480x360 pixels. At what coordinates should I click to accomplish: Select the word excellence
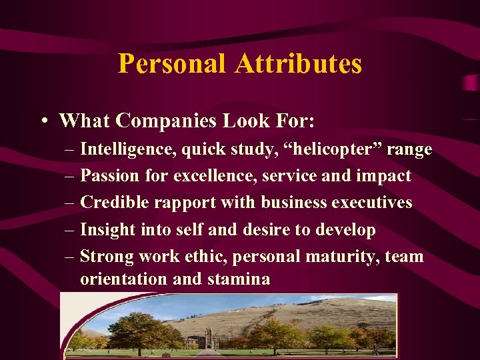215,177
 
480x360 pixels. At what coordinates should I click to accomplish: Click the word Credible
111,203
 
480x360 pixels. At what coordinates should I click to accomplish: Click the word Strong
105,257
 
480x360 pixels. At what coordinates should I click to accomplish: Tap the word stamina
239,279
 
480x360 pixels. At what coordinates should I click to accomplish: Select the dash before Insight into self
69,230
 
